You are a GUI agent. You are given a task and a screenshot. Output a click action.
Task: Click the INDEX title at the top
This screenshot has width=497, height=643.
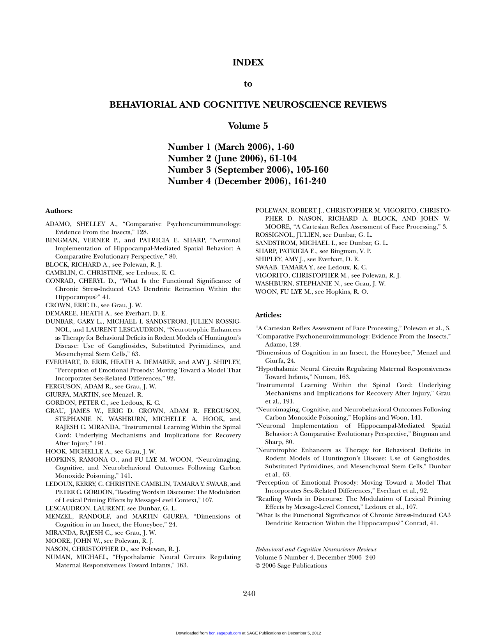248,62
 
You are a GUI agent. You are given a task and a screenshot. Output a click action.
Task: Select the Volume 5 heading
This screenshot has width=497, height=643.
248,126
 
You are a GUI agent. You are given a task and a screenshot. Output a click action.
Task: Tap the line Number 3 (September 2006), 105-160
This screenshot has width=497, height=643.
248,170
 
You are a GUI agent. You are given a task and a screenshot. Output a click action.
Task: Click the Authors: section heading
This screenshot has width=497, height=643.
59,211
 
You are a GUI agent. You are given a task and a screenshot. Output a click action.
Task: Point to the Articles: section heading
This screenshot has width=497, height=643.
268,315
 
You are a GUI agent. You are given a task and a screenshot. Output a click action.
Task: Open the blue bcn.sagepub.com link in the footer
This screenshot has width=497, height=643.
225,633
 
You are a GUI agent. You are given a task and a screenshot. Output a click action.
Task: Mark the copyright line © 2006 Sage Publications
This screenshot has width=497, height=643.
291,566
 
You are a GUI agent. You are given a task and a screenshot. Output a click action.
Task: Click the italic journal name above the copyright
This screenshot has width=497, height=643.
316,549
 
